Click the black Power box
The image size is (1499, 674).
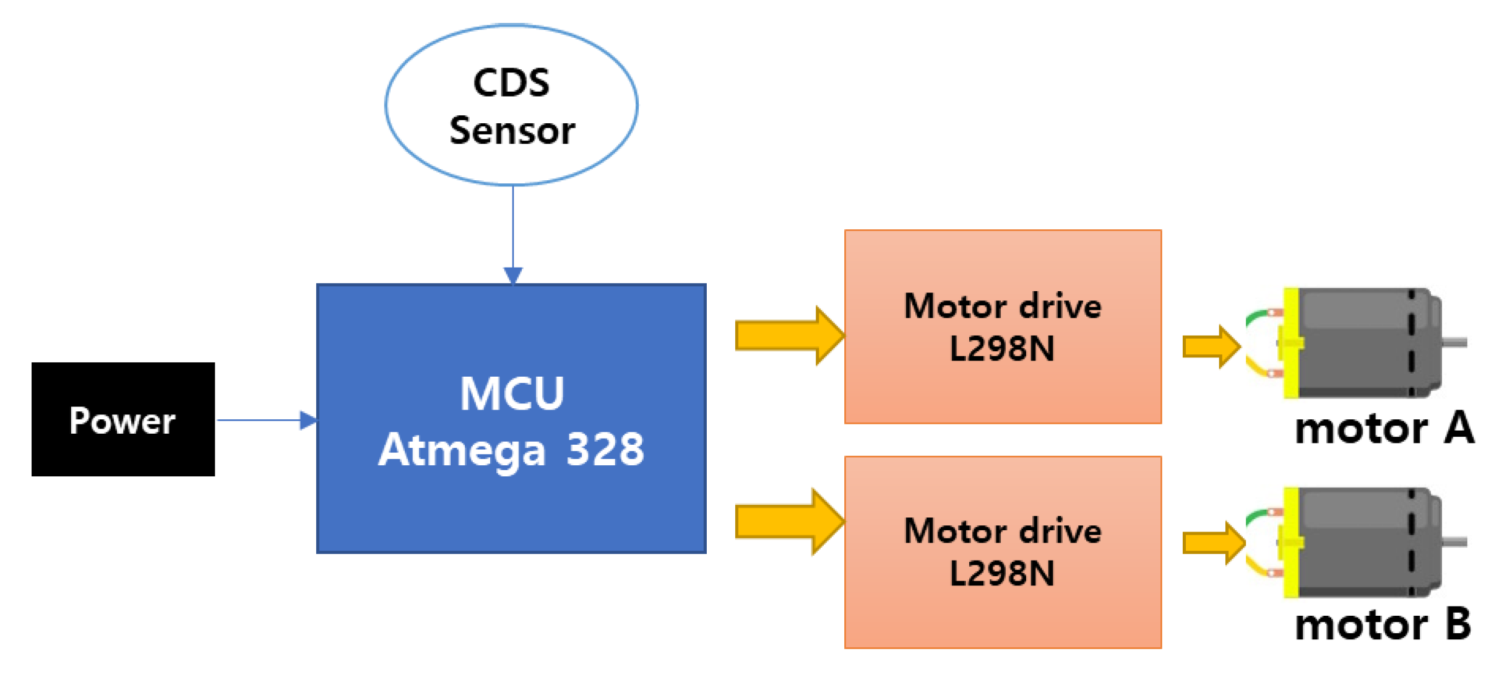(123, 419)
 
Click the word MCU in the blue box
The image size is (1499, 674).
(511, 393)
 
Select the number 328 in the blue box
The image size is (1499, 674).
(605, 449)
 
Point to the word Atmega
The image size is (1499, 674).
(462, 450)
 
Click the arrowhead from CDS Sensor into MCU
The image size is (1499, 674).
(513, 275)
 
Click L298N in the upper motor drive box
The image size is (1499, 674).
(1002, 348)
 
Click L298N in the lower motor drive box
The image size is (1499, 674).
(1002, 573)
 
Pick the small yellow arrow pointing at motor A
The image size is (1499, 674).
(1210, 346)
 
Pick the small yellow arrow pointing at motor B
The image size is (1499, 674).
(1212, 543)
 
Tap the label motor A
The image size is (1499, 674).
(1384, 429)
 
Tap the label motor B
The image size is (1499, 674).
(1383, 624)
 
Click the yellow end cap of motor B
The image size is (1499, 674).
(1291, 543)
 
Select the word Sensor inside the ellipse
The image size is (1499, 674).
(512, 131)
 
